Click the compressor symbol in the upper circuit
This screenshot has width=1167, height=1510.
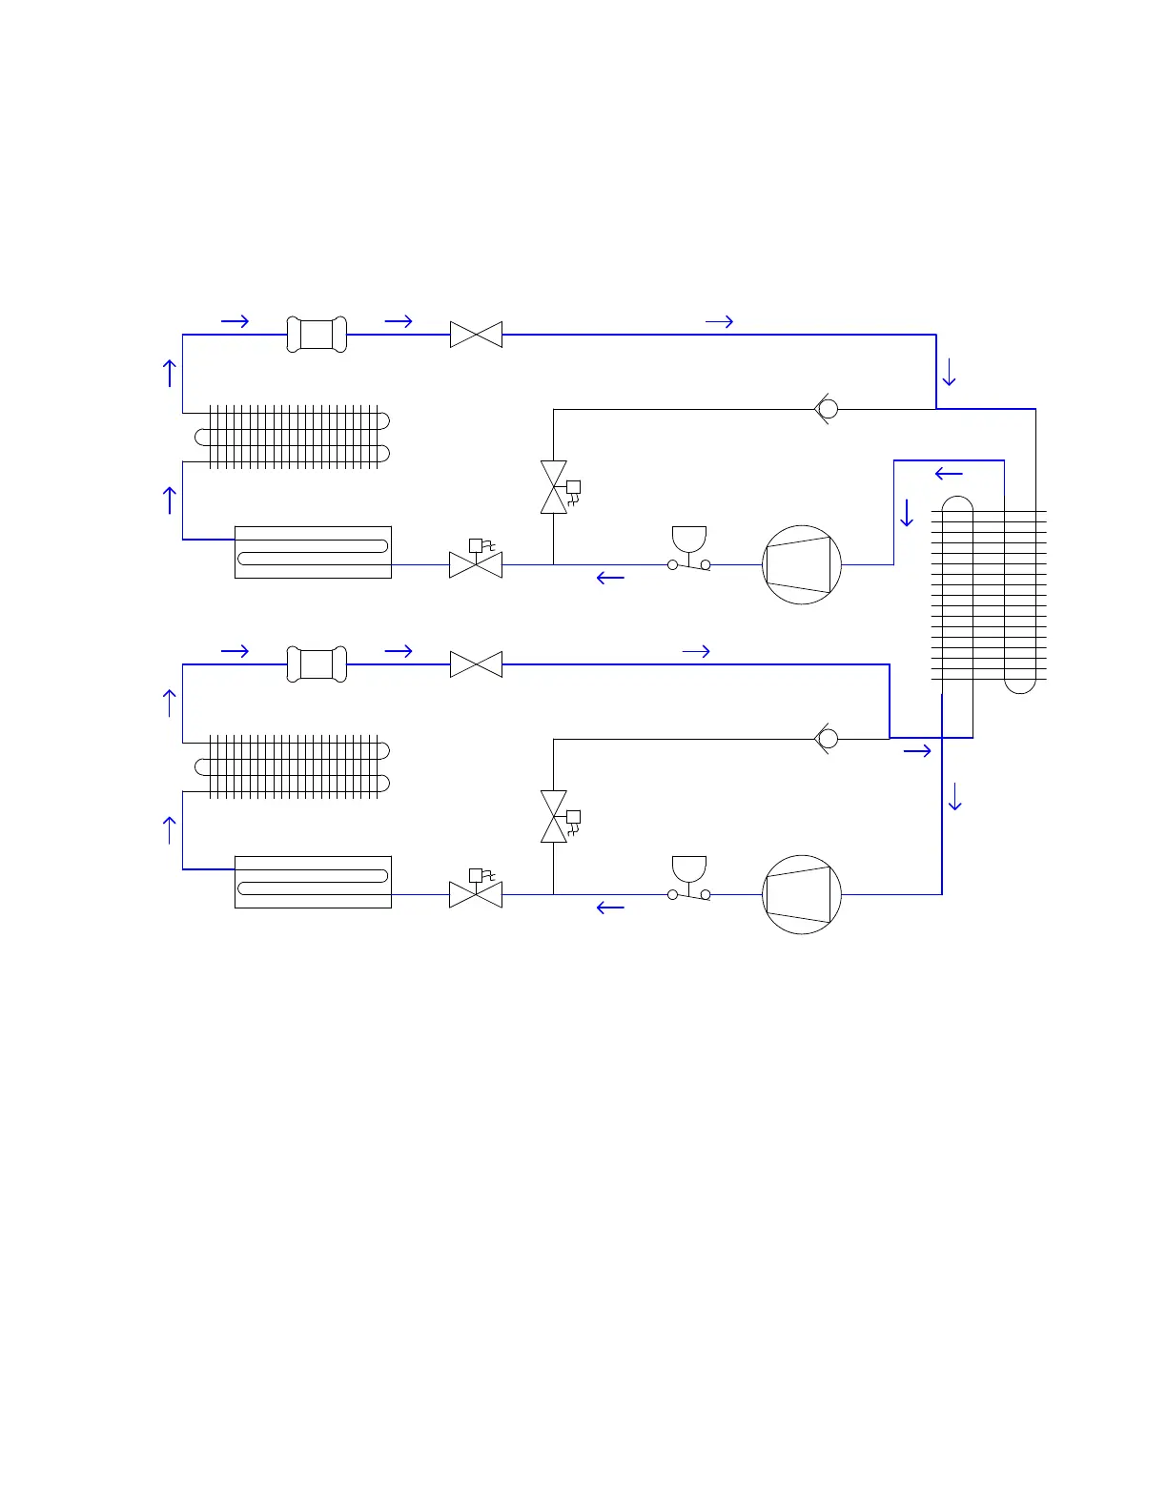(x=802, y=564)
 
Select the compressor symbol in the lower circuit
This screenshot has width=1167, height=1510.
(x=802, y=894)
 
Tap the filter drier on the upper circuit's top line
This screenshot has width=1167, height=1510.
(x=317, y=335)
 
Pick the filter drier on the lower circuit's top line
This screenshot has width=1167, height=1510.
(x=317, y=664)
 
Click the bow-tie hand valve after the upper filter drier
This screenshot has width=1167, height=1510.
(x=476, y=335)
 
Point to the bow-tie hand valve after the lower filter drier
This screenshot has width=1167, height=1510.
(x=476, y=664)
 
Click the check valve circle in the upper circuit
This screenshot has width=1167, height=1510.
(x=829, y=409)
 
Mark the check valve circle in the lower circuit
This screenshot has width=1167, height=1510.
(x=829, y=739)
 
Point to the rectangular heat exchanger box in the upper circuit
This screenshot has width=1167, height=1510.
(x=313, y=552)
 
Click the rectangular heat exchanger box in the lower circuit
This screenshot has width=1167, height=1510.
(x=313, y=882)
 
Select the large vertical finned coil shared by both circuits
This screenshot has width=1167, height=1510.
(x=989, y=595)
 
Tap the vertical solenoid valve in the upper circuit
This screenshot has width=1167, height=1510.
(x=554, y=487)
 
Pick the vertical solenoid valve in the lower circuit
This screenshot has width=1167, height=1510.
(x=554, y=817)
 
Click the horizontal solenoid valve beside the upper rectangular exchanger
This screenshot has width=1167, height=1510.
(x=476, y=563)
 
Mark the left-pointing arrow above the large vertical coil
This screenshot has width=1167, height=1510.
(x=949, y=474)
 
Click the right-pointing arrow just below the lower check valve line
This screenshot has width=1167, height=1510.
(x=917, y=752)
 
